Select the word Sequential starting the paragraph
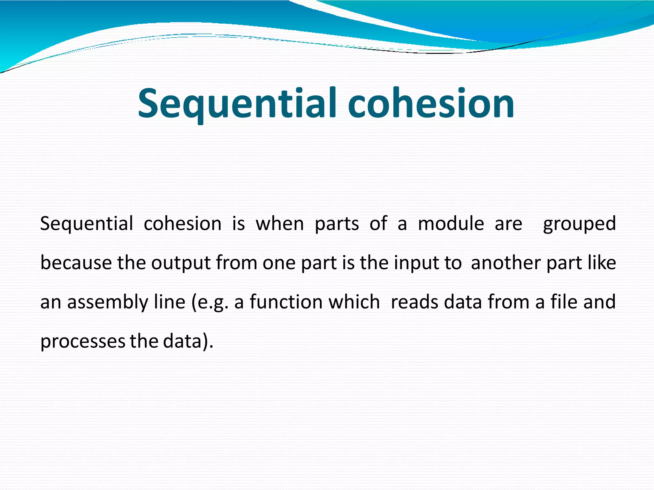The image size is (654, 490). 86,224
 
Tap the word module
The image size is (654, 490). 451,224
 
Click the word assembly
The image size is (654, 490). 108,302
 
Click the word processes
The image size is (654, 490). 82,342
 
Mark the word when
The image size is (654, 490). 280,224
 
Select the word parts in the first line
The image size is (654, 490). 337,224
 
